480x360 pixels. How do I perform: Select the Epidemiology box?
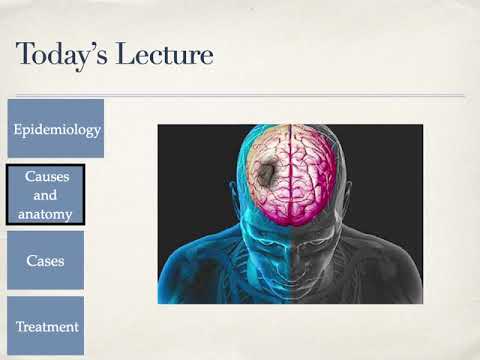click(x=57, y=129)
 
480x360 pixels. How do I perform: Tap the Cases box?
click(x=45, y=260)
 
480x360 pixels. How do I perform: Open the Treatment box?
click(x=47, y=326)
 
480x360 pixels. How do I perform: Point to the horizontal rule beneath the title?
click(x=240, y=96)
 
